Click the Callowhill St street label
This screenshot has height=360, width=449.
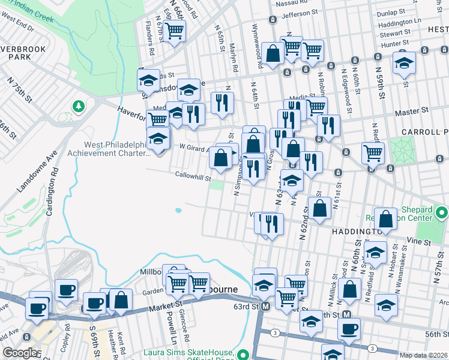pyautogui.click(x=193, y=178)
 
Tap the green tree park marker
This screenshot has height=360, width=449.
pyautogui.click(x=78, y=106)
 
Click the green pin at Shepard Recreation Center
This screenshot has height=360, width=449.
pyautogui.click(x=442, y=213)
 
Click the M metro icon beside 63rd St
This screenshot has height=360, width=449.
pyautogui.click(x=264, y=307)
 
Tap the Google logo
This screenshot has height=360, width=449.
pyautogui.click(x=20, y=353)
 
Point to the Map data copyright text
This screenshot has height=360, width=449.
pyautogui.click(x=423, y=355)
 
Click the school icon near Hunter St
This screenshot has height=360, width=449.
pyautogui.click(x=405, y=62)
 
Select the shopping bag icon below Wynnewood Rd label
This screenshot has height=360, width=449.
pyautogui.click(x=273, y=54)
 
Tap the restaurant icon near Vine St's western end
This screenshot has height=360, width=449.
pyautogui.click(x=271, y=224)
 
